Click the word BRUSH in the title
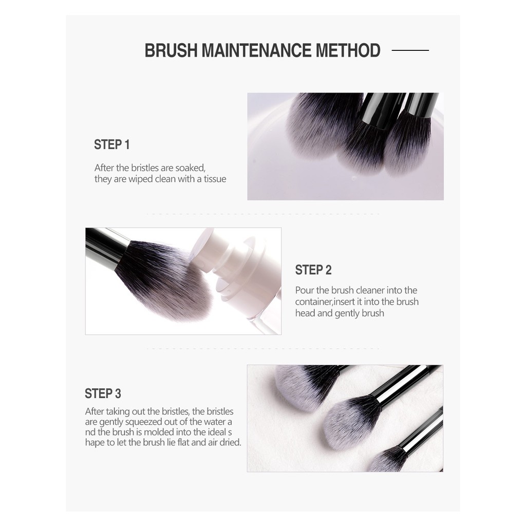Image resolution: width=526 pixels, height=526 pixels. click(171, 50)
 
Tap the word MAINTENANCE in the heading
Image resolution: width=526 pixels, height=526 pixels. click(257, 50)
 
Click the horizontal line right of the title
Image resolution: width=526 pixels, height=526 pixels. click(410, 50)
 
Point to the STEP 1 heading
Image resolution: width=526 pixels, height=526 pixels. click(111, 144)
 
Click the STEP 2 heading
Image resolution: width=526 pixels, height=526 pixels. click(313, 270)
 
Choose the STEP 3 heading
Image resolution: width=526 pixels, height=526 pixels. click(103, 393)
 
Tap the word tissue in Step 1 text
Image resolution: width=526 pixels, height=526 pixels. click(215, 179)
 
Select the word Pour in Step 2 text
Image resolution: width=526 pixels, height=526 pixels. click(305, 290)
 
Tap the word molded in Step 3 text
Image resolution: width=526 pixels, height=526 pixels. click(158, 432)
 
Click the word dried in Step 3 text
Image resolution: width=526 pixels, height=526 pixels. click(230, 442)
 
